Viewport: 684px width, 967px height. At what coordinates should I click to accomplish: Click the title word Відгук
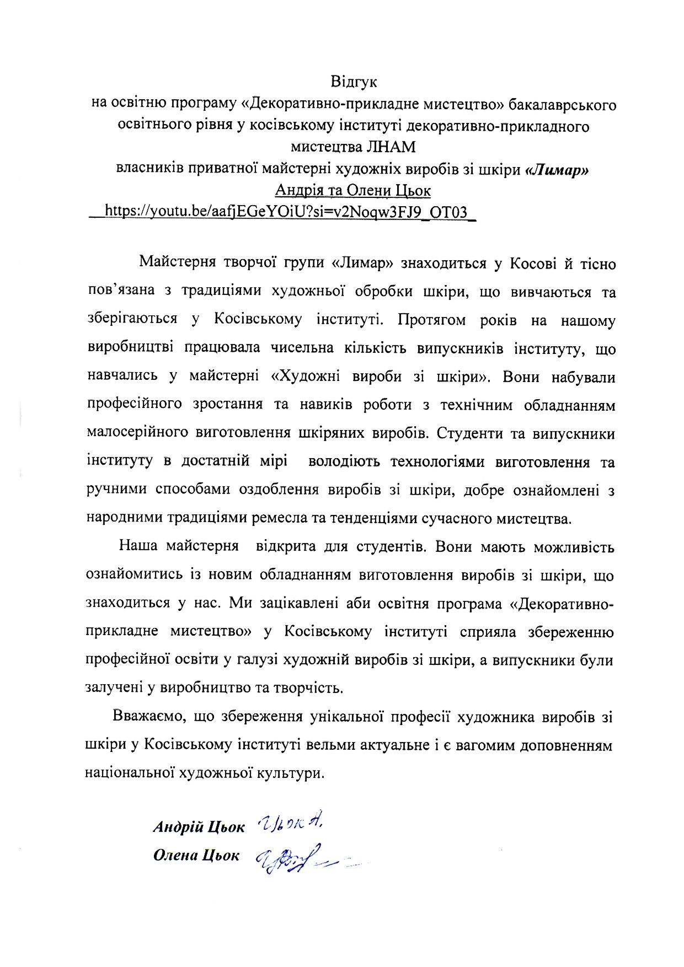click(354, 82)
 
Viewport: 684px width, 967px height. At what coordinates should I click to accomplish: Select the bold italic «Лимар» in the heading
click(557, 169)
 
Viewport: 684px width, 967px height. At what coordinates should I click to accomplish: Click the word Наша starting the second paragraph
click(138, 546)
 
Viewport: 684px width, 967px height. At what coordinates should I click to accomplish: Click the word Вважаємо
click(145, 716)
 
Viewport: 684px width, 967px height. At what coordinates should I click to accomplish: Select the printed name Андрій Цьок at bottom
click(199, 827)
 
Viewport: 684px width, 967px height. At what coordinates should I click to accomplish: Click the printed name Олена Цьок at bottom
click(196, 855)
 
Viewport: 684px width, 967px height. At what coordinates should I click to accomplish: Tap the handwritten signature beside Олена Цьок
click(298, 861)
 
